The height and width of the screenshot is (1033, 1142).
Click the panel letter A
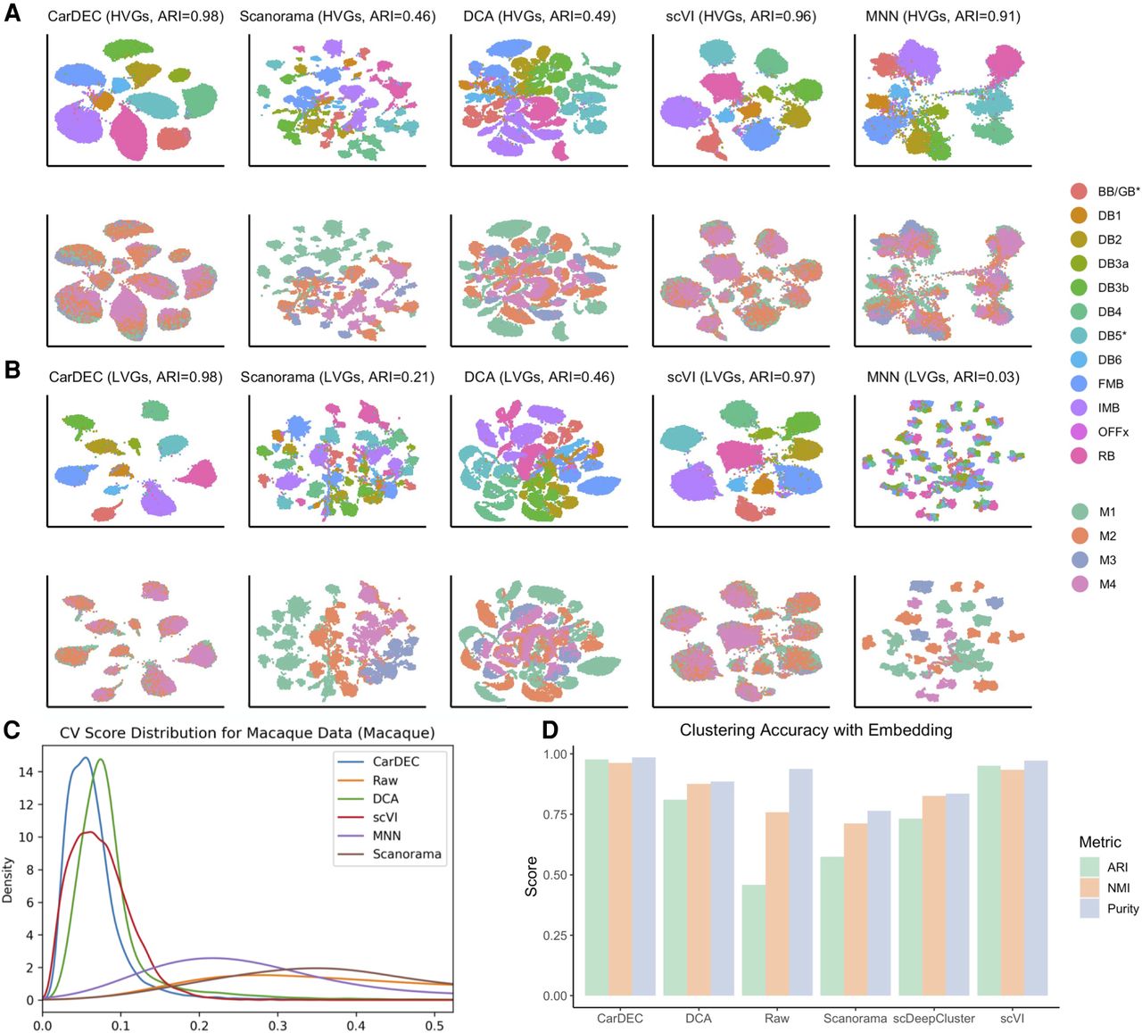click(12, 13)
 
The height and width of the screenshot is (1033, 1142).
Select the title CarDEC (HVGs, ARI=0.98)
click(136, 16)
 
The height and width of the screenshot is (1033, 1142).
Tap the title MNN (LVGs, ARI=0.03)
click(943, 377)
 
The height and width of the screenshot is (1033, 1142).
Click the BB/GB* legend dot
click(1079, 191)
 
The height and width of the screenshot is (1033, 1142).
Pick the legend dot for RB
click(1079, 456)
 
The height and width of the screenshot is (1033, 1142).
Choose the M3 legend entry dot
click(1079, 560)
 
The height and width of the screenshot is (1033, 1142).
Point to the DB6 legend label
click(1109, 360)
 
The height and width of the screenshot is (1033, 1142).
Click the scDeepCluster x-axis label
click(933, 1018)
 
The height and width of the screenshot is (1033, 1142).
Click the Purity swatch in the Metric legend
click(1089, 908)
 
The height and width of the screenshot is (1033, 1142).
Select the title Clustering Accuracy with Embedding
click(815, 729)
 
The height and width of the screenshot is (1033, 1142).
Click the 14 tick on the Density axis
click(26, 771)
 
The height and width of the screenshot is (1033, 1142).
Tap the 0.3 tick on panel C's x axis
click(277, 1026)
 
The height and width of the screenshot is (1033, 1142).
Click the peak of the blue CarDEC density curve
click(86, 757)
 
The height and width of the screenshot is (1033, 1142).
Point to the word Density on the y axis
click(7, 880)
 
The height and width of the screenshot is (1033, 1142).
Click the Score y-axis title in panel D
click(531, 877)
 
